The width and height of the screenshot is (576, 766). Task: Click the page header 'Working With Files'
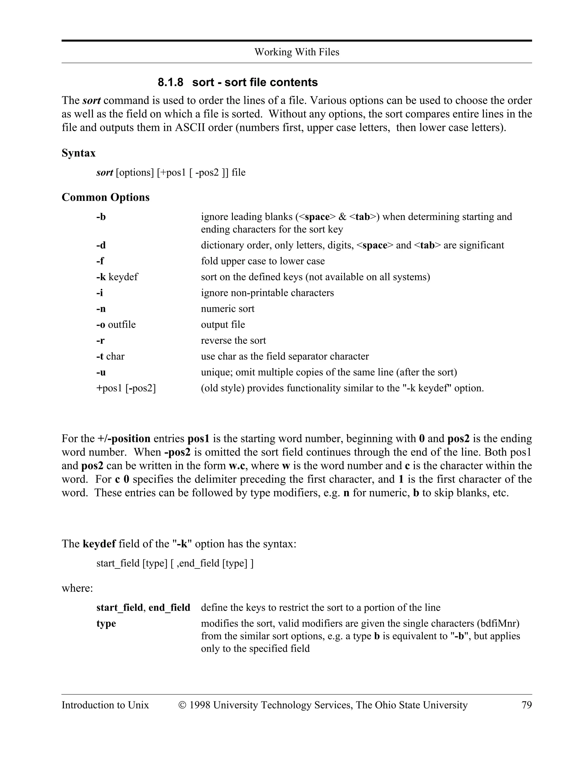pos(296,52)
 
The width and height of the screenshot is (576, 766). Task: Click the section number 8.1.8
pos(170,82)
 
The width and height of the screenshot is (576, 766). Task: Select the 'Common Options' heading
pos(105,197)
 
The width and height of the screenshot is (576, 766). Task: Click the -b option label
pos(101,217)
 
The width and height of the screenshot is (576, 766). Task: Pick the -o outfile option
pos(116,325)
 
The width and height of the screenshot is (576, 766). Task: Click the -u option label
pos(101,372)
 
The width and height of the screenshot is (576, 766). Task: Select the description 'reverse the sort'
pos(233,340)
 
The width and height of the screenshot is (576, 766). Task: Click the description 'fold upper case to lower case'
pos(263,261)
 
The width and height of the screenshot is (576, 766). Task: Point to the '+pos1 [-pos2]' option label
pos(126,388)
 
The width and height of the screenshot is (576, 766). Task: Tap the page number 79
pos(526,705)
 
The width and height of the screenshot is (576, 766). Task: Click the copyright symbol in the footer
pos(182,705)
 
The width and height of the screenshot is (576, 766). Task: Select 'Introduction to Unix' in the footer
pos(105,705)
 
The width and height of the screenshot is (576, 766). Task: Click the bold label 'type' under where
pos(106,623)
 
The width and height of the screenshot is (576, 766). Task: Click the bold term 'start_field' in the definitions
pos(119,608)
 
